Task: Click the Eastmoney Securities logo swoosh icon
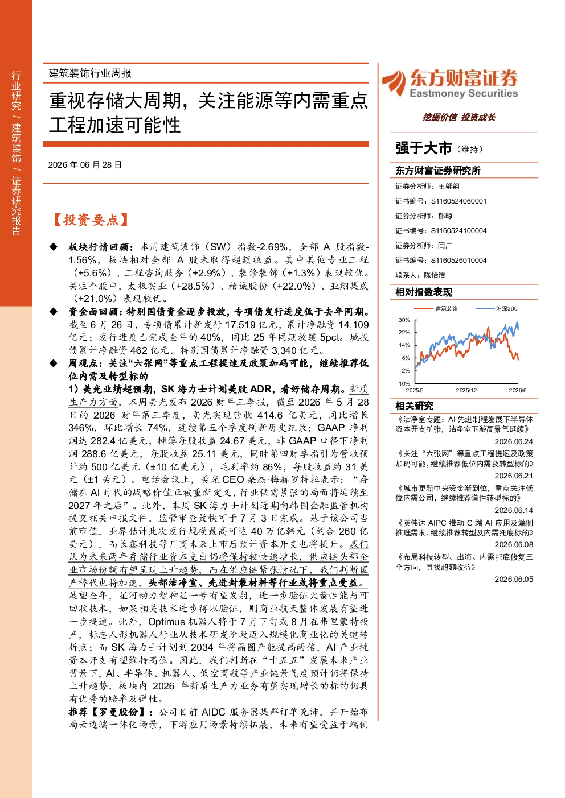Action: (394, 83)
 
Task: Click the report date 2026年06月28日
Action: (85, 165)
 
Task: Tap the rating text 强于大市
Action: (423, 148)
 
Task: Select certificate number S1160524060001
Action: (458, 201)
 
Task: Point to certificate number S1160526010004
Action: (458, 261)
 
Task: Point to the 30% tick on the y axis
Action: (404, 320)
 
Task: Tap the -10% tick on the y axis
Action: (403, 384)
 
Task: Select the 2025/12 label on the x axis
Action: (466, 390)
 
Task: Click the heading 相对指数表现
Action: (424, 292)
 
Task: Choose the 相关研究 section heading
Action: (414, 406)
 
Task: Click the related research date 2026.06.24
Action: (514, 442)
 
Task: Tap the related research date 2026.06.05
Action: (514, 579)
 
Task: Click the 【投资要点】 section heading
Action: (91, 220)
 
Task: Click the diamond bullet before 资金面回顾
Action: (54, 312)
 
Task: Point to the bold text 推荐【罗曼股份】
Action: (110, 712)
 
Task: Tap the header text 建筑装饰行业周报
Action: (90, 73)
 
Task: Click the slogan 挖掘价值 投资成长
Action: (458, 118)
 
